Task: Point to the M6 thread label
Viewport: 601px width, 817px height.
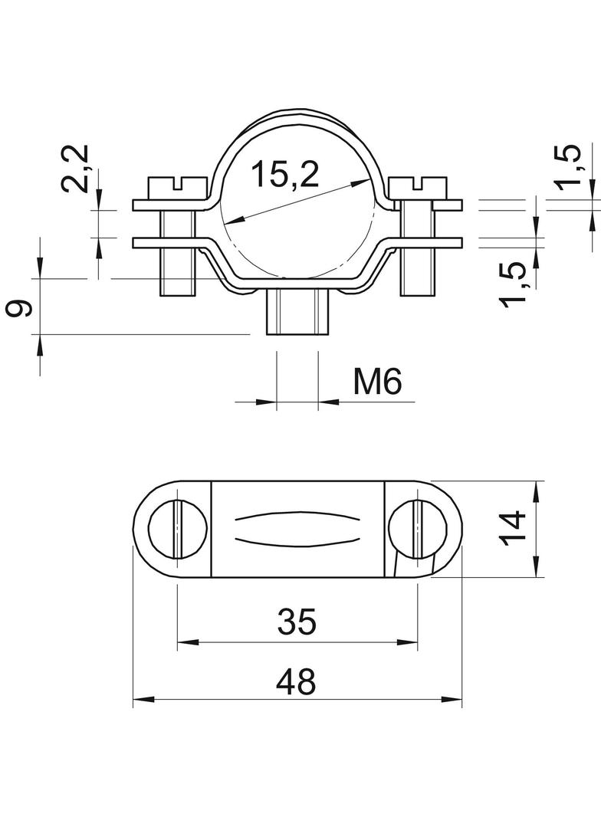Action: (377, 382)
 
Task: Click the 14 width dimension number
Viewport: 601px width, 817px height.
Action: (514, 528)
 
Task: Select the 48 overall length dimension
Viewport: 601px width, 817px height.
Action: (297, 681)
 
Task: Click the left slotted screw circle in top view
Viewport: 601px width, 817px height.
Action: (176, 529)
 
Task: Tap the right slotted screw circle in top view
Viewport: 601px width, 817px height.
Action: (418, 529)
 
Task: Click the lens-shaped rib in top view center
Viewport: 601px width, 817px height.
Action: (297, 528)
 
